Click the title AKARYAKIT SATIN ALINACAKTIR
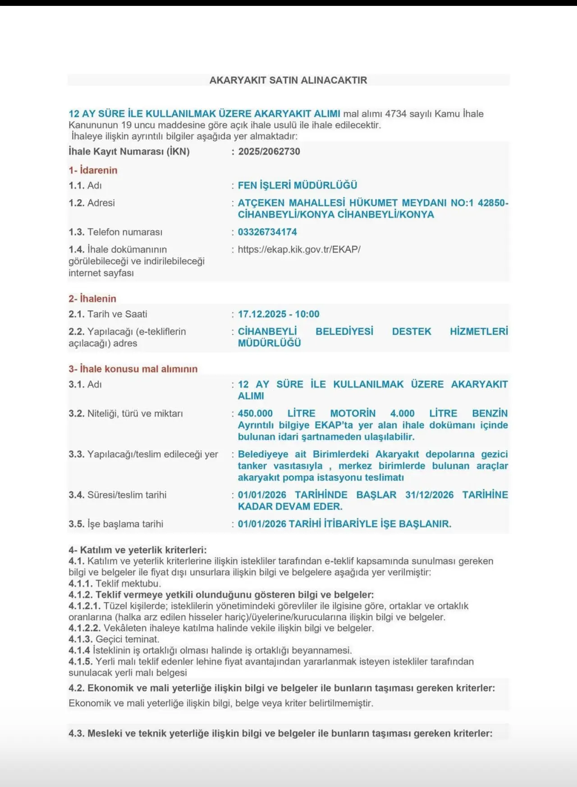click(x=288, y=80)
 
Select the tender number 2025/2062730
click(x=269, y=151)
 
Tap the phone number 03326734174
click(x=267, y=232)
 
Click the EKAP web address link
click(x=299, y=249)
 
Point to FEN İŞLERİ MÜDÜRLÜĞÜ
click(x=298, y=185)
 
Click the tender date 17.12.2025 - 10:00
click(x=279, y=314)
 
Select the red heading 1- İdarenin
click(x=93, y=170)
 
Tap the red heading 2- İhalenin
click(x=92, y=299)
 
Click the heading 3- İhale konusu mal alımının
click(x=133, y=369)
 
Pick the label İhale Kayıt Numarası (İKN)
click(x=129, y=151)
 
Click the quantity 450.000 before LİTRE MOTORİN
click(x=255, y=413)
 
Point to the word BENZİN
click(x=490, y=413)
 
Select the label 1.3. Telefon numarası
click(x=115, y=232)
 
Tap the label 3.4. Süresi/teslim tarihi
click(x=118, y=495)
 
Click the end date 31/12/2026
click(x=429, y=495)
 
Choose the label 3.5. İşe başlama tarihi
click(x=116, y=524)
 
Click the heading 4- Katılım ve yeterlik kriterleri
click(x=137, y=550)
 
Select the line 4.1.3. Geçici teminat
click(x=114, y=639)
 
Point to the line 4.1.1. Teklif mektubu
click(x=114, y=584)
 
